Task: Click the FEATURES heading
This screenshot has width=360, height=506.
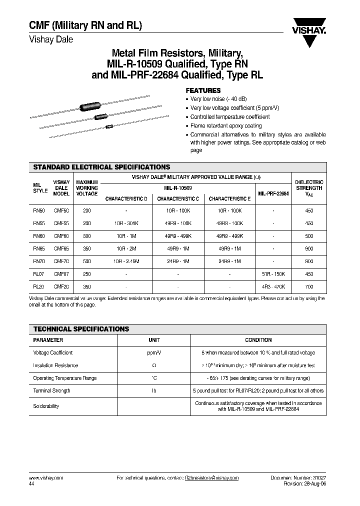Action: pos(203,90)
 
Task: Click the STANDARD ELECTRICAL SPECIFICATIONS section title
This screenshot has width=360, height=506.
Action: pos(101,167)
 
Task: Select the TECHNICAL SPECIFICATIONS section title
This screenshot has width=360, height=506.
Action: pos(81,329)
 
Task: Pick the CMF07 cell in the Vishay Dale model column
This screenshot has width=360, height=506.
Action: pos(61,274)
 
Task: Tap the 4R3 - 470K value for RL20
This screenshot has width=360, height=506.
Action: pos(273,287)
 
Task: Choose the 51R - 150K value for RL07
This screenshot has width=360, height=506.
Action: pos(273,274)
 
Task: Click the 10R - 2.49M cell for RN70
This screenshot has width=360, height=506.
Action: pos(126,261)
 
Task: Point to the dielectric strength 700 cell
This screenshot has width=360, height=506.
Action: pos(309,287)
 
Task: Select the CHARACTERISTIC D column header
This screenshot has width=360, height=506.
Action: pos(126,198)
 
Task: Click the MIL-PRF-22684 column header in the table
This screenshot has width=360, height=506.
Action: pos(273,193)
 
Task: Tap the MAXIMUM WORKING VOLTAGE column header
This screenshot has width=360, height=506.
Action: pos(86,188)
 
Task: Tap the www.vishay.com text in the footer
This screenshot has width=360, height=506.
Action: pos(43,478)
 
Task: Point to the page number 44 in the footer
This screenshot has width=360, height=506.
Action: pos(32,484)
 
